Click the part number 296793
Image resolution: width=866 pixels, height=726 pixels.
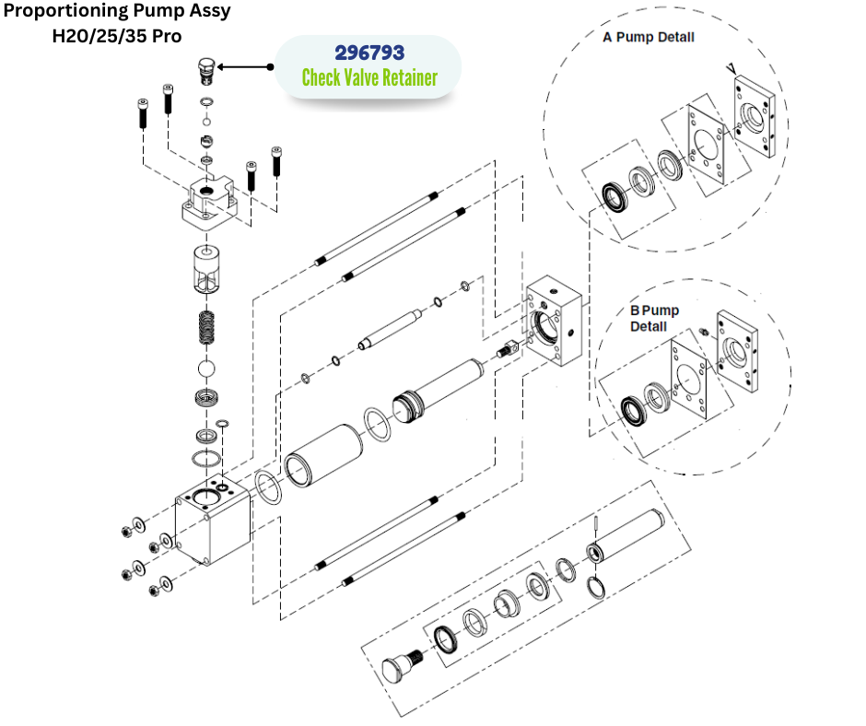coord(369,53)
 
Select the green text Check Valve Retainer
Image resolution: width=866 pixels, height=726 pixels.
coord(369,77)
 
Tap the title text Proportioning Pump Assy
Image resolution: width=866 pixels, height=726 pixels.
coord(117,13)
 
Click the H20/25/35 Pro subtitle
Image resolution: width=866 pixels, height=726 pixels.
coord(117,36)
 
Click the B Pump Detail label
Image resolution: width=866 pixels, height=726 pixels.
coord(654,318)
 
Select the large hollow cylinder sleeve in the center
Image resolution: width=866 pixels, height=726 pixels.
coord(322,454)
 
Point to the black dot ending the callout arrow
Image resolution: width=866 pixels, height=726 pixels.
coord(271,67)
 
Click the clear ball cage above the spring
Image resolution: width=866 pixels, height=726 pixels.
coord(206,269)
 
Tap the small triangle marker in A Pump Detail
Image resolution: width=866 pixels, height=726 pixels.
coord(731,67)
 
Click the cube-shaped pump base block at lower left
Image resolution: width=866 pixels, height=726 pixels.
coord(213,521)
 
